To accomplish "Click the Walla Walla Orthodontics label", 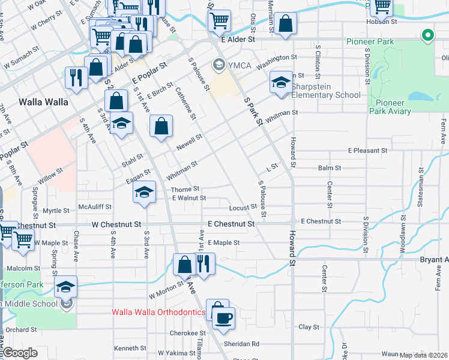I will pyautogui.click(x=159, y=313).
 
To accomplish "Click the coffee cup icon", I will pyautogui.click(x=223, y=318).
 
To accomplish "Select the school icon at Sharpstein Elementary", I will pyautogui.click(x=280, y=83).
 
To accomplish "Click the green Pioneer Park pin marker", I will pyautogui.click(x=427, y=36).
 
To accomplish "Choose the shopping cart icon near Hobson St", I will pyautogui.click(x=382, y=7).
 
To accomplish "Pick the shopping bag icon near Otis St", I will pyautogui.click(x=287, y=24).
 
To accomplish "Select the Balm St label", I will pyautogui.click(x=330, y=169).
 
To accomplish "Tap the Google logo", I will pyautogui.click(x=21, y=353).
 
